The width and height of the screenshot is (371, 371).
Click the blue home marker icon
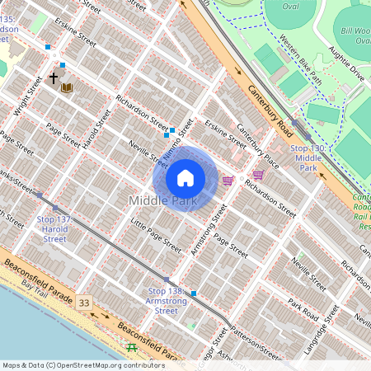[x=185, y=177]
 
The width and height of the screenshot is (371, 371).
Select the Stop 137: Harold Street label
[x=54, y=229]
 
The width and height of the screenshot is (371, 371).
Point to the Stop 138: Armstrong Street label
[x=167, y=301]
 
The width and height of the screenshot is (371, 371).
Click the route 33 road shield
[x=84, y=303]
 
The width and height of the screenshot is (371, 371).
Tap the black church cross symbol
[x=54, y=78]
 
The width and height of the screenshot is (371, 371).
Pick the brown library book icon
[x=67, y=87]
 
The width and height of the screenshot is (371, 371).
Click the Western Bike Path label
[x=300, y=60]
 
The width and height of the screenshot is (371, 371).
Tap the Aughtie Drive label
[x=345, y=63]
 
